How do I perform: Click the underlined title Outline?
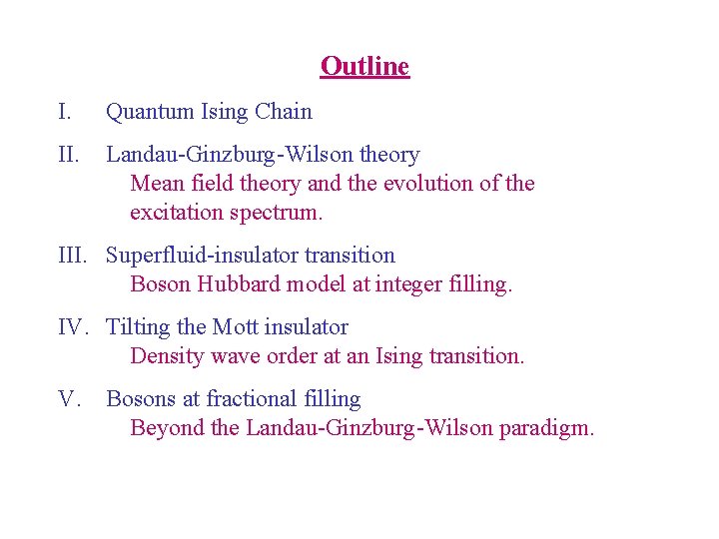click(x=364, y=67)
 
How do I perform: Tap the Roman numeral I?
click(x=63, y=112)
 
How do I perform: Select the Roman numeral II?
click(x=67, y=155)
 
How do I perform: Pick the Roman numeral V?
click(x=69, y=399)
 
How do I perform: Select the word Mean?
click(x=154, y=184)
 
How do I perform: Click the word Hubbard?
click(x=240, y=284)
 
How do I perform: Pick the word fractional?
click(x=254, y=399)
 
